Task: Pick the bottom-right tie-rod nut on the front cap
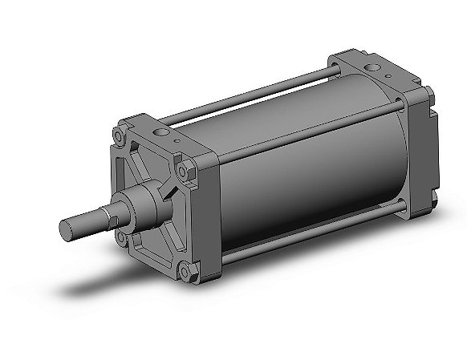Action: click(x=185, y=273)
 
